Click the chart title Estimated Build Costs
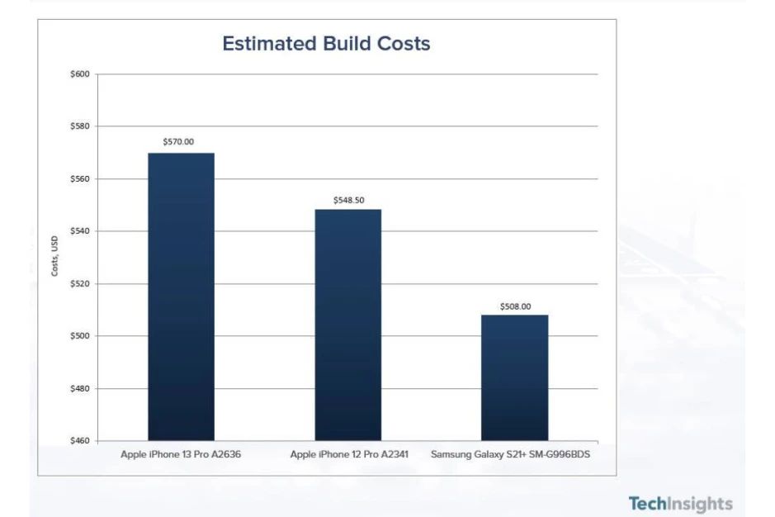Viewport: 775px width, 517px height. click(x=326, y=44)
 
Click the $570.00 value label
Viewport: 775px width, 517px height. click(x=178, y=142)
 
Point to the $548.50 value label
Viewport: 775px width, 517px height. click(x=348, y=200)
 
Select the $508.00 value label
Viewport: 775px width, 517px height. click(x=515, y=306)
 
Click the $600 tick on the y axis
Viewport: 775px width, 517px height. click(x=80, y=74)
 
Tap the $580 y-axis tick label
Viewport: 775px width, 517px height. click(x=80, y=126)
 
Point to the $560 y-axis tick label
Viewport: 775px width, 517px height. click(x=80, y=179)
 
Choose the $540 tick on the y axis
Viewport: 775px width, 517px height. click(x=80, y=231)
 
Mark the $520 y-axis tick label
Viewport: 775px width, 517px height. click(x=80, y=283)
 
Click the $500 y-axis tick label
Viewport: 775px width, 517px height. click(x=80, y=336)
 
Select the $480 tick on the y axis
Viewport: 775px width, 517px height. click(x=80, y=388)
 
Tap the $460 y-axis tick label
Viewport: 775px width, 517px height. click(x=80, y=440)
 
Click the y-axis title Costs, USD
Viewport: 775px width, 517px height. click(x=54, y=257)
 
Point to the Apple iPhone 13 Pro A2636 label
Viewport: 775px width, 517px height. click(x=180, y=455)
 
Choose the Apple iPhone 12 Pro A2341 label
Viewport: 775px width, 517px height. click(x=349, y=455)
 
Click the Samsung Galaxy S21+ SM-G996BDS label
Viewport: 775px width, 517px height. click(x=510, y=455)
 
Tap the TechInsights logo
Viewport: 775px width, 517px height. click(x=679, y=504)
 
